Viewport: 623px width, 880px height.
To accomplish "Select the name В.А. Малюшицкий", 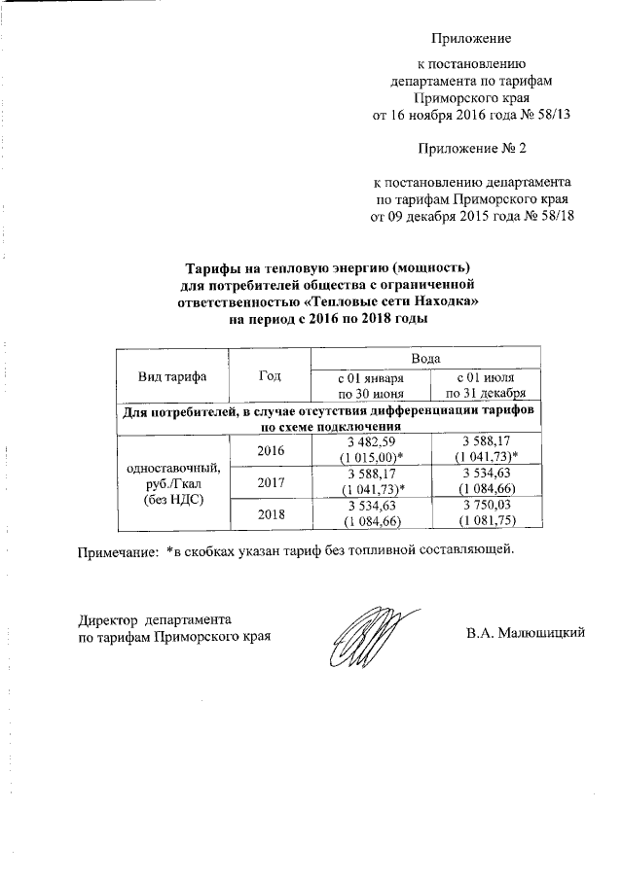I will pyautogui.click(x=526, y=634).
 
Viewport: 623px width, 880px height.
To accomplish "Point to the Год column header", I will pyautogui.click(x=271, y=375).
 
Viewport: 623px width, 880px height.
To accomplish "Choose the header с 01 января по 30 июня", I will pyautogui.click(x=370, y=385).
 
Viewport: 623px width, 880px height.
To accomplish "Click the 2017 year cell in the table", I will pyautogui.click(x=271, y=481).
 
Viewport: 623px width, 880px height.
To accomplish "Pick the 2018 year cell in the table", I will pyautogui.click(x=271, y=513).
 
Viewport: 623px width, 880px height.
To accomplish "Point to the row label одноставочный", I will pyautogui.click(x=172, y=468).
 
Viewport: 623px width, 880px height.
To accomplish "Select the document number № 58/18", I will pyautogui.click(x=551, y=216).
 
